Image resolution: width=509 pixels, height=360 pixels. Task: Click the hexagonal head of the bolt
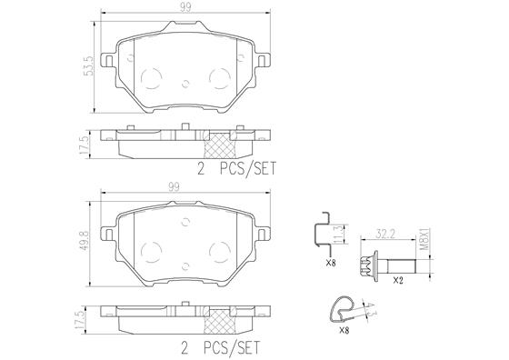367,265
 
